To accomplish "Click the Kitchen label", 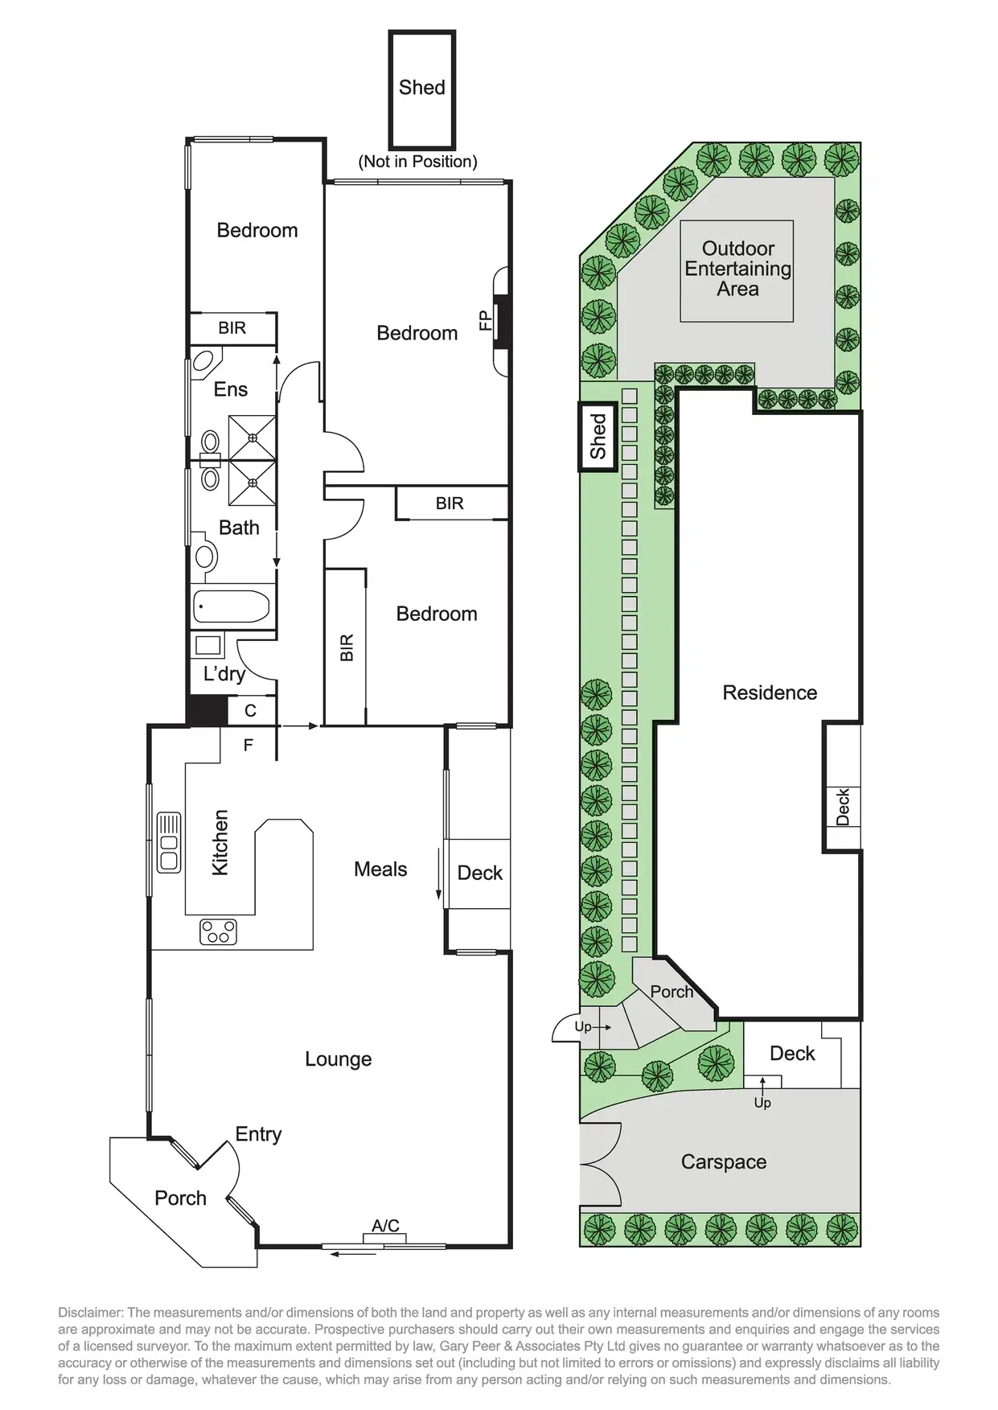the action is click(220, 842).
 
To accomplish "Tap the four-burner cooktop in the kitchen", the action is click(218, 931).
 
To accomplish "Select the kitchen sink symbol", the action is click(169, 842).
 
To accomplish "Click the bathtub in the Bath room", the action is click(232, 606).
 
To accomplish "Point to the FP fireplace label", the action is click(486, 321).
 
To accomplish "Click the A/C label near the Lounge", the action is click(385, 1225).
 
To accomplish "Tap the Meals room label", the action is click(380, 869).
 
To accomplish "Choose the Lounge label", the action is click(338, 1059).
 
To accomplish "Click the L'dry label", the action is click(224, 673).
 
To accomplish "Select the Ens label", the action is click(230, 389).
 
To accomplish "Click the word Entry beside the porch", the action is click(258, 1134).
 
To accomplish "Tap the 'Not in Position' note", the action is click(417, 161).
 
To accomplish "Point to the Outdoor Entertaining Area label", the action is click(737, 269).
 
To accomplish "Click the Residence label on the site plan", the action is click(770, 693).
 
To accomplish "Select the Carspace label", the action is click(723, 1161).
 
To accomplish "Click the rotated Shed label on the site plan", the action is click(598, 436).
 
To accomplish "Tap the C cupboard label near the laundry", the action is click(250, 710).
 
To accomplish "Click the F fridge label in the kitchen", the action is click(248, 745).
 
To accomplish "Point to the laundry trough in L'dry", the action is click(208, 645).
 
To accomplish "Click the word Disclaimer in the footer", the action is click(89, 1313).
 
